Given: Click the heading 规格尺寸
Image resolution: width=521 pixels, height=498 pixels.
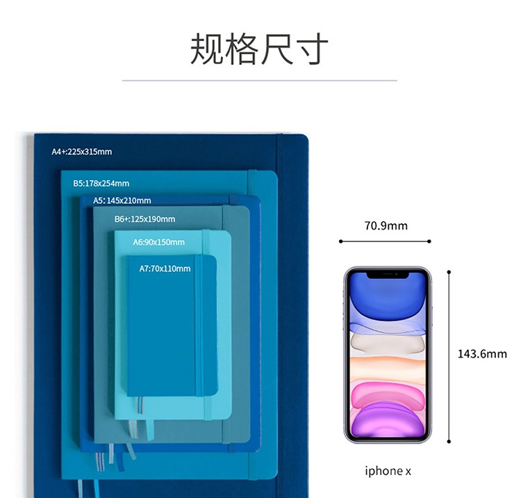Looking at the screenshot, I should click(x=259, y=49).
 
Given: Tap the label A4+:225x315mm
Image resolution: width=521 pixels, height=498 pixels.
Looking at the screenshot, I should click(x=82, y=151).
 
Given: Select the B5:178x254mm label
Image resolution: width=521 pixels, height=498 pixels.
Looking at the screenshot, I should click(x=101, y=184).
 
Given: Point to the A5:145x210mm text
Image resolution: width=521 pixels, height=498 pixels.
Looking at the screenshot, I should click(x=122, y=200).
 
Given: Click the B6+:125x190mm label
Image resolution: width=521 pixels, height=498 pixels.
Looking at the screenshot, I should click(x=144, y=219).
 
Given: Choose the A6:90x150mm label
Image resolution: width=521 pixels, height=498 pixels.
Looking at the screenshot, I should click(x=159, y=242).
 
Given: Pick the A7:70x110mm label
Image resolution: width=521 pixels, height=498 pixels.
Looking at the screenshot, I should click(x=165, y=268).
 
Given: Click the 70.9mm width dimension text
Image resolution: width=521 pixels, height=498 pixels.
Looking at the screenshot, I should click(x=386, y=225).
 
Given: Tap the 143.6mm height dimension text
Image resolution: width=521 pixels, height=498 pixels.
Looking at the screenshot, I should click(x=482, y=354).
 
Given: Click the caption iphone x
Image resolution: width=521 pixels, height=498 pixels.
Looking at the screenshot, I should click(x=388, y=471).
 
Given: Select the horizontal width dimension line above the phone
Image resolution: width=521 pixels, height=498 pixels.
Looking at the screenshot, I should click(x=385, y=241).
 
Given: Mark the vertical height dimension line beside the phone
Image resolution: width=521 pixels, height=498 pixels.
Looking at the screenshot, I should click(x=449, y=355).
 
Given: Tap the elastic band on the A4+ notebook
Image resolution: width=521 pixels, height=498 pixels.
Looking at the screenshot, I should click(x=281, y=313).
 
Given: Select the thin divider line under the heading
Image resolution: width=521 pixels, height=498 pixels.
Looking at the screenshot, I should click(x=259, y=81).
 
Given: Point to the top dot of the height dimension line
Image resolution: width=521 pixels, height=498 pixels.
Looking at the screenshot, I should click(x=449, y=271).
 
